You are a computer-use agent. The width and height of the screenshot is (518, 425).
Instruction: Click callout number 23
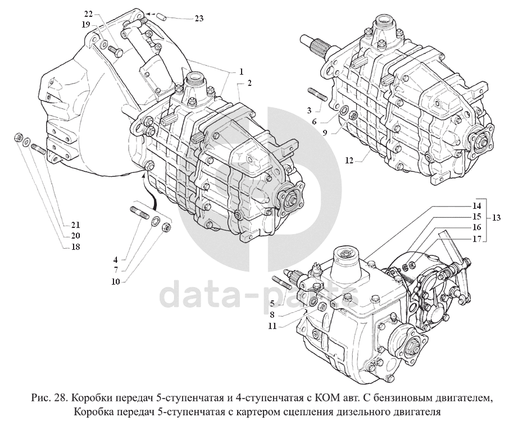(x=199, y=18)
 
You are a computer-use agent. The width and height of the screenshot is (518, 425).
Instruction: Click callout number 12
(x=349, y=161)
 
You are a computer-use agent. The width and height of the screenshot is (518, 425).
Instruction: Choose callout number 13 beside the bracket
(x=496, y=218)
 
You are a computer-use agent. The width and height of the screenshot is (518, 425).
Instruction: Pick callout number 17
(x=476, y=239)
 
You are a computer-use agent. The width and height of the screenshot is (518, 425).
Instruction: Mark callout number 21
(x=76, y=225)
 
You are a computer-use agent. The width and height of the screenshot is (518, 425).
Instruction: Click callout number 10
(x=116, y=282)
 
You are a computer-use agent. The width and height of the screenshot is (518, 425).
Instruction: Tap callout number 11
(x=272, y=326)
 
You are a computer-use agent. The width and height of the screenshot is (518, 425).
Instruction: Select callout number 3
(x=309, y=109)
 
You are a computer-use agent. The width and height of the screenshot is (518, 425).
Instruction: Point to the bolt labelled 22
(x=115, y=51)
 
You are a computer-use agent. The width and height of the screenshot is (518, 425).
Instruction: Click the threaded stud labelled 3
(x=318, y=94)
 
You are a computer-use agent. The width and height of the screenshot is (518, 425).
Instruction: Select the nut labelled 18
(x=19, y=137)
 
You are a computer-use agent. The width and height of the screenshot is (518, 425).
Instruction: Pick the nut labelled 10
(x=167, y=227)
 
